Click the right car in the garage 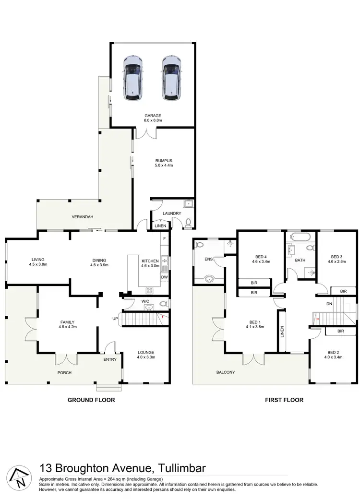171,78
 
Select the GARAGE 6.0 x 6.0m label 154,118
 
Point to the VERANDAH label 83,217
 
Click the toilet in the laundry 189,222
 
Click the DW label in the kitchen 164,277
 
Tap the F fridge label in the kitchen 164,238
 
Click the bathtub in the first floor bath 300,238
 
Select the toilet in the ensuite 200,245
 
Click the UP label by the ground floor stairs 115,319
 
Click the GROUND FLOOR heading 91,400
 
